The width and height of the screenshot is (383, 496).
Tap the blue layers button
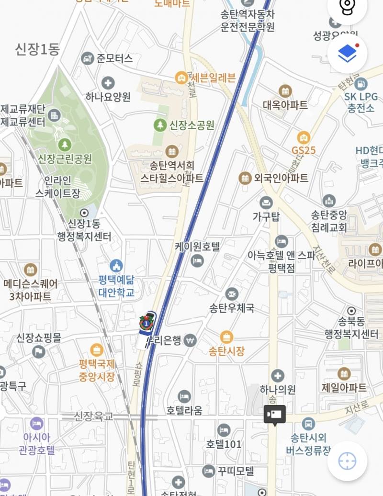[348, 54]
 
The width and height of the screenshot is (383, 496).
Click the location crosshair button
[347, 461]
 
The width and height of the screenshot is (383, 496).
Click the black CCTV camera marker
[274, 414]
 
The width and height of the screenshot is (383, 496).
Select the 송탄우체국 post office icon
[232, 293]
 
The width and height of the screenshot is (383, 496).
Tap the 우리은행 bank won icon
[191, 340]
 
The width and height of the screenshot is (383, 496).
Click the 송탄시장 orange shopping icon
[226, 337]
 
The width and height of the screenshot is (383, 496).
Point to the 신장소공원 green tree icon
[159, 125]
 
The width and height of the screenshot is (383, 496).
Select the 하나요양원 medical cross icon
[108, 83]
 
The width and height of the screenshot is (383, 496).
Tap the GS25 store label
[304, 150]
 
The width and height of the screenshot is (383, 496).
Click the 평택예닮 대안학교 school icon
[116, 265]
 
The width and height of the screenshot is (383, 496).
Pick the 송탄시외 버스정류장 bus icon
[309, 423]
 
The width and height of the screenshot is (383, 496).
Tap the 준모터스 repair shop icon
[87, 58]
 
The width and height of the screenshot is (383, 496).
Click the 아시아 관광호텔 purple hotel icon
[36, 423]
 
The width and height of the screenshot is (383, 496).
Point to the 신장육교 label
[94, 417]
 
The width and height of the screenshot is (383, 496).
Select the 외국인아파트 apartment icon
[245, 178]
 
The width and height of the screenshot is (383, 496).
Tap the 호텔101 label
[224, 444]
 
